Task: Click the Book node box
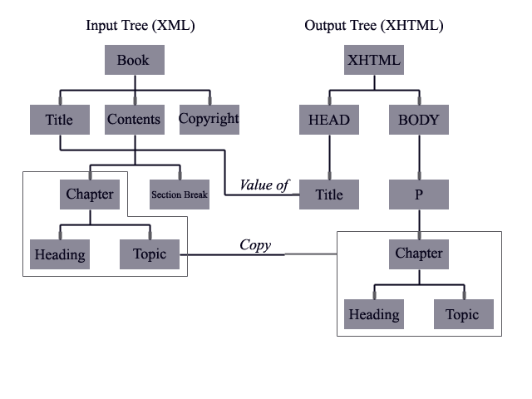(134, 60)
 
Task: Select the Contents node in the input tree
(134, 120)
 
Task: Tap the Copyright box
(209, 119)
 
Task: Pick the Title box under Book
(59, 120)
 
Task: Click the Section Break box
(180, 195)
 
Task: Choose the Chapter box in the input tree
(90, 195)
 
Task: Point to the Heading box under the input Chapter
(59, 254)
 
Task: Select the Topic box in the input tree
(150, 254)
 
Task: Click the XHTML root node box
(374, 60)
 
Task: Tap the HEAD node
(329, 120)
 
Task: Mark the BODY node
(419, 120)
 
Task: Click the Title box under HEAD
(329, 195)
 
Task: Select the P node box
(419, 195)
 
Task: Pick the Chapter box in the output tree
(419, 254)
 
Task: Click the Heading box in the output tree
(374, 314)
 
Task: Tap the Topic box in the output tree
(463, 314)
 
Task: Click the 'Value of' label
(264, 185)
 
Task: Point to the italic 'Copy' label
(255, 244)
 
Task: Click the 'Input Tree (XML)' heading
(140, 25)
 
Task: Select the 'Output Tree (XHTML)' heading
(373, 25)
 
